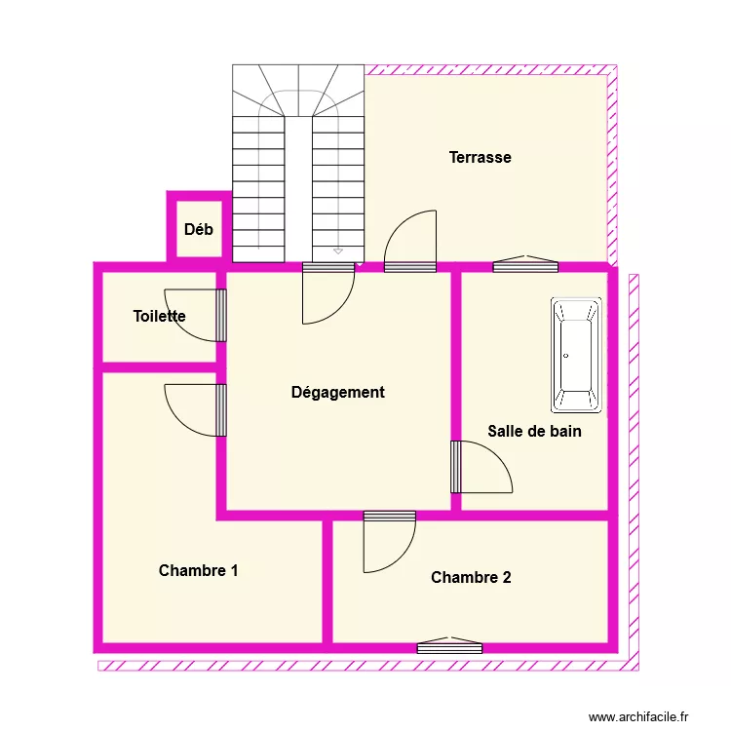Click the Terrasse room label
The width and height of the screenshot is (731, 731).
(x=481, y=158)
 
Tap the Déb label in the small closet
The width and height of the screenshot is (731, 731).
(x=199, y=229)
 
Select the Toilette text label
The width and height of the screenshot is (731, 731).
(x=160, y=316)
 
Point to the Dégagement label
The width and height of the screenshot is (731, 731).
(x=338, y=393)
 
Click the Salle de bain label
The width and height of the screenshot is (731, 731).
(x=535, y=431)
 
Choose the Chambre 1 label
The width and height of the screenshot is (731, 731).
(x=199, y=570)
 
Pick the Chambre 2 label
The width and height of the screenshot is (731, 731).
(x=471, y=578)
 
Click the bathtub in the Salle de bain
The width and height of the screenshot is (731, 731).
(x=576, y=355)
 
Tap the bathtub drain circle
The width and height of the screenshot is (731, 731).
(x=566, y=356)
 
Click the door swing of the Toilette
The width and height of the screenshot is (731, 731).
(x=179, y=328)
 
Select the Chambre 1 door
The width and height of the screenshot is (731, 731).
(x=179, y=423)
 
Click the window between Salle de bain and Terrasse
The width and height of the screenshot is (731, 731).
(x=525, y=266)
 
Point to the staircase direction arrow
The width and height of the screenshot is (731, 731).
(x=338, y=251)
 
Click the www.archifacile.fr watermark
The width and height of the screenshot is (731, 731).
(x=638, y=716)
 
